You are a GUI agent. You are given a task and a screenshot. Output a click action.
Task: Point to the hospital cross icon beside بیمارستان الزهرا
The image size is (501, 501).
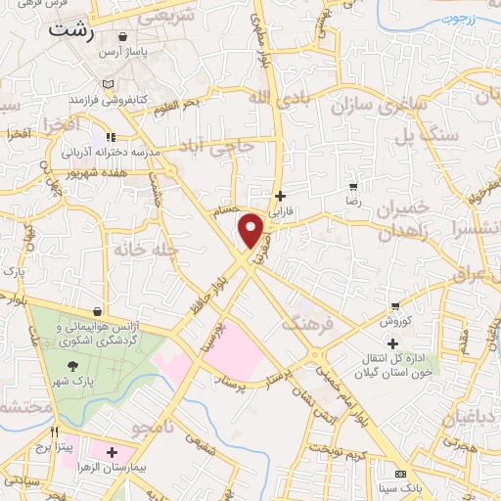[114, 453]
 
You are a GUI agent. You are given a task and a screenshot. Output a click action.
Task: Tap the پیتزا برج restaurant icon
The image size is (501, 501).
[55, 432]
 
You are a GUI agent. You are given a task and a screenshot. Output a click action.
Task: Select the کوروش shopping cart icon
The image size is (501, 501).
[394, 306]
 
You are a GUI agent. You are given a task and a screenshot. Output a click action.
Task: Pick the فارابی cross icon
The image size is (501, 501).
[281, 196]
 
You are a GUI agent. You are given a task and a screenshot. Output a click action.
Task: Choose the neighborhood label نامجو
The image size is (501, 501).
[155, 425]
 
